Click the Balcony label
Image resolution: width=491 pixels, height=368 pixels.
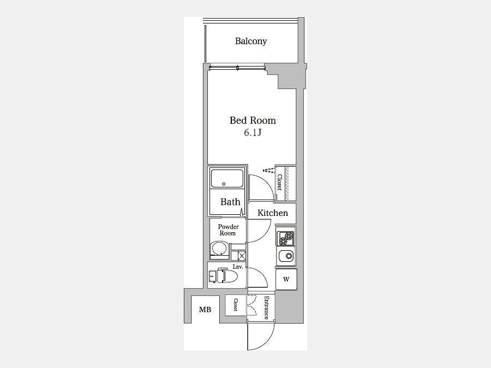(x=251, y=41)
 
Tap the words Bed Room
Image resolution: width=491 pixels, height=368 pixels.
(x=253, y=120)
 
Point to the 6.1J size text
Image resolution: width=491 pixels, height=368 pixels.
(x=253, y=132)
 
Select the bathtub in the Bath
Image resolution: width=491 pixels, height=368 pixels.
(x=227, y=178)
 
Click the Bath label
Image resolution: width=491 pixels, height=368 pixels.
(x=230, y=202)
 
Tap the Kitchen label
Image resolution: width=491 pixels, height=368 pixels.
(x=272, y=213)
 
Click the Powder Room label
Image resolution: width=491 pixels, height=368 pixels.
(x=228, y=230)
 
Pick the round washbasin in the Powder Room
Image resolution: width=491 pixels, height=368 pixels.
(x=220, y=249)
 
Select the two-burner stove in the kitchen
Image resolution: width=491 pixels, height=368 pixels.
(x=285, y=238)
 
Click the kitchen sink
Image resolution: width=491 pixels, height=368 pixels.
(x=285, y=256)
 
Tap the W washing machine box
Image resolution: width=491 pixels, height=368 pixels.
(x=286, y=280)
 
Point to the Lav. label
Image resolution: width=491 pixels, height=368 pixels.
(x=238, y=267)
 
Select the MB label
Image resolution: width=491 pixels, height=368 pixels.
(x=205, y=310)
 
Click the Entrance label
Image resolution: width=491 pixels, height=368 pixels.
(x=266, y=307)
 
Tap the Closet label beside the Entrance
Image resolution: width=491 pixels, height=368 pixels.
(x=235, y=305)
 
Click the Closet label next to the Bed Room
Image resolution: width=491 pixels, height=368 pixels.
(x=279, y=183)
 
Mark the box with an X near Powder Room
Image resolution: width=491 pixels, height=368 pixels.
(x=242, y=256)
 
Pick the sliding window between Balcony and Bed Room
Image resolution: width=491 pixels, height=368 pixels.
(x=237, y=67)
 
